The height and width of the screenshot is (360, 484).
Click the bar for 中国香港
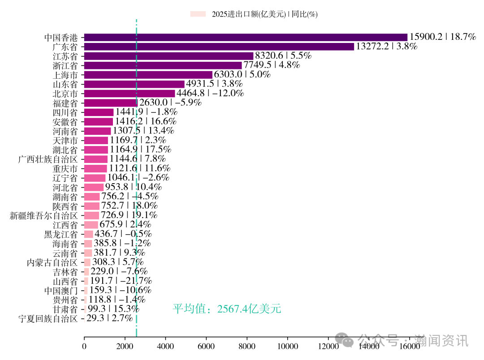click(246, 37)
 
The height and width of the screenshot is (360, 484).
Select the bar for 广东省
click(219, 47)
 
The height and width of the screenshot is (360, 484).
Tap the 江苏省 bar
click(169, 56)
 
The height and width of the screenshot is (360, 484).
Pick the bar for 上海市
click(148, 74)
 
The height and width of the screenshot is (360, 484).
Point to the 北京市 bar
click(129, 93)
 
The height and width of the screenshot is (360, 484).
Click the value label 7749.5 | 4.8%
click(272, 65)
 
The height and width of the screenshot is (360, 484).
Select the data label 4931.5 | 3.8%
click(214, 84)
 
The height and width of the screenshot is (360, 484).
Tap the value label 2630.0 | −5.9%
click(170, 103)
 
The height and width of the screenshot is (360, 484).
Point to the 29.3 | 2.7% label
click(109, 318)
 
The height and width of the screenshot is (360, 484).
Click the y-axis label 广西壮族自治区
click(48, 159)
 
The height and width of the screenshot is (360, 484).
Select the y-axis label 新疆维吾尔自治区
click(44, 215)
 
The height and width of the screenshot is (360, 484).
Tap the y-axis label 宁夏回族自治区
click(48, 319)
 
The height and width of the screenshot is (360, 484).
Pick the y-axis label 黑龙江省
click(60, 234)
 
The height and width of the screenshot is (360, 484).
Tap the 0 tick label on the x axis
click(84, 346)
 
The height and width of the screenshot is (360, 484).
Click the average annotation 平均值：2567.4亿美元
click(227, 309)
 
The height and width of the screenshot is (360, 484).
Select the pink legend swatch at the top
click(198, 14)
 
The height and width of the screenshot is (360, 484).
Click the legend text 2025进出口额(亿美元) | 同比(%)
click(265, 14)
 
